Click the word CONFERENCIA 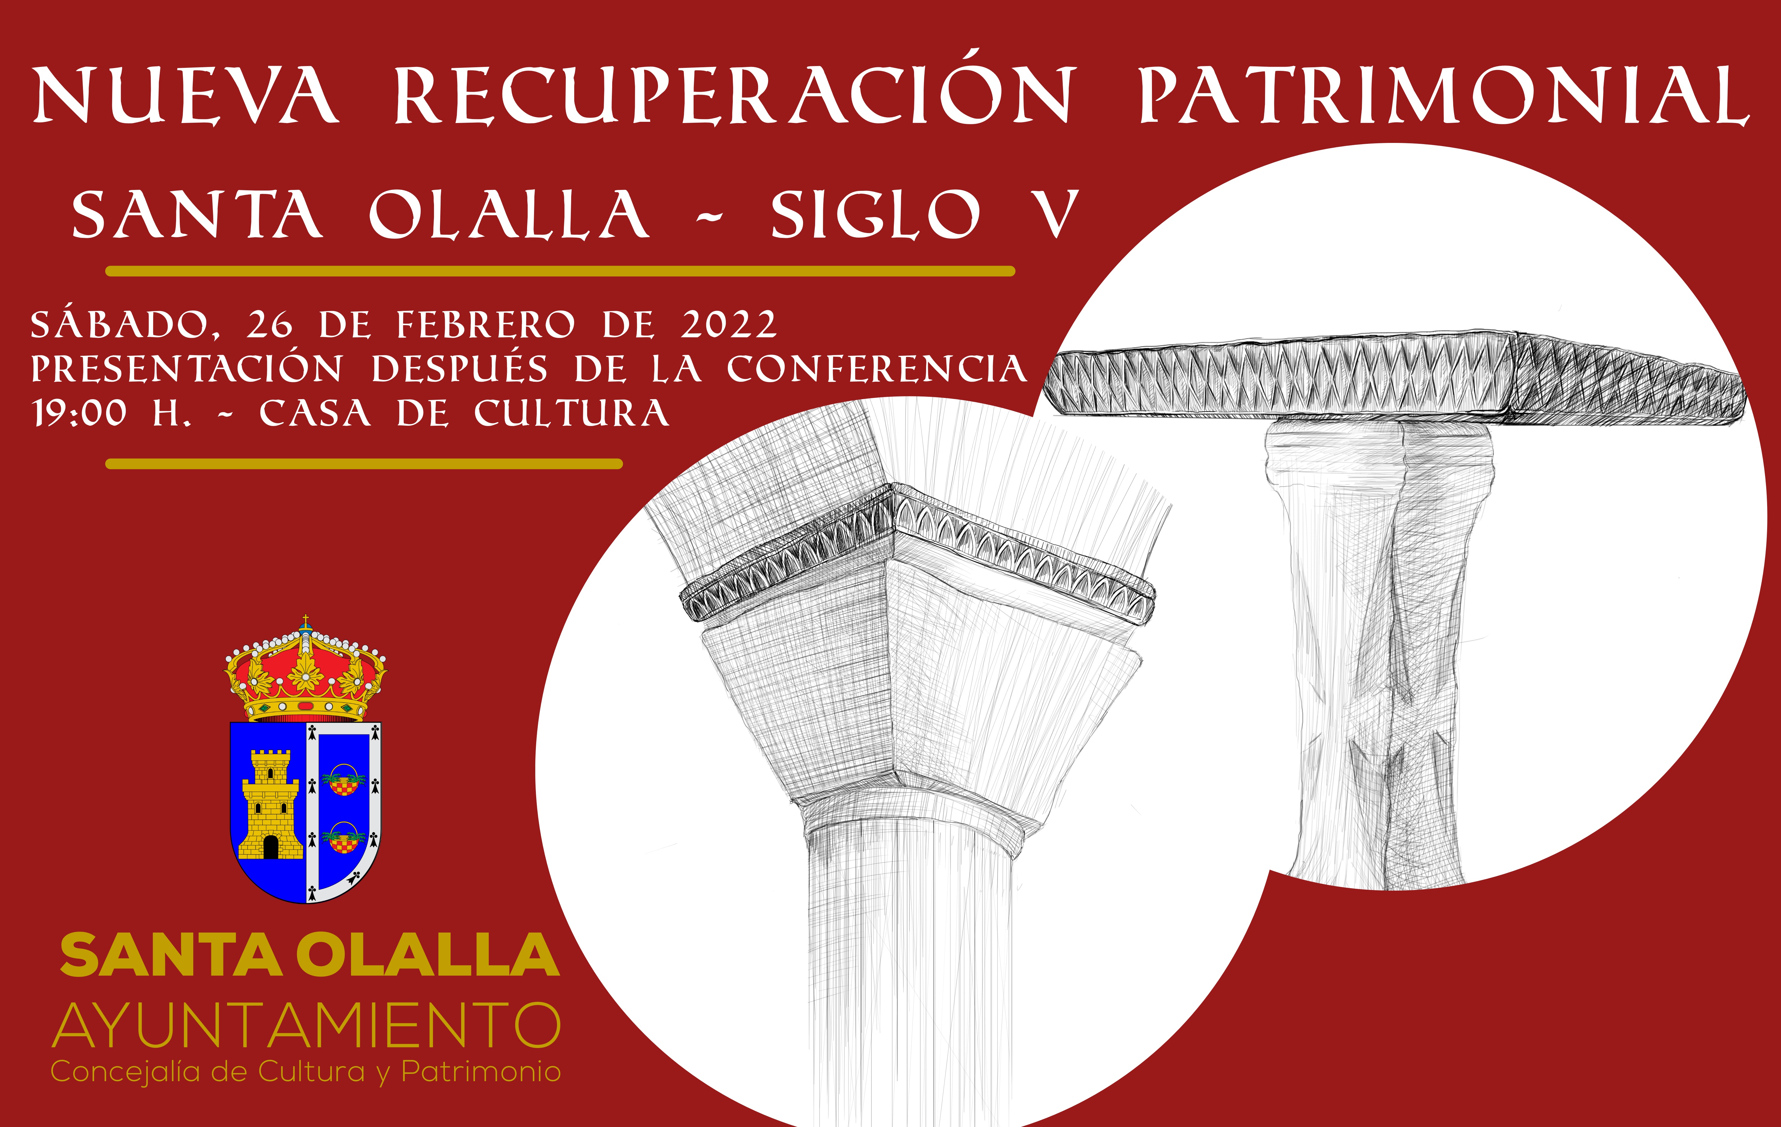876,369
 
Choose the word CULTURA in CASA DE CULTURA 572,413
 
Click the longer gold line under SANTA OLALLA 560,271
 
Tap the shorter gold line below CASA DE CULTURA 364,464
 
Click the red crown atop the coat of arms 305,669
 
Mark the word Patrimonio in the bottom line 481,1072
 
